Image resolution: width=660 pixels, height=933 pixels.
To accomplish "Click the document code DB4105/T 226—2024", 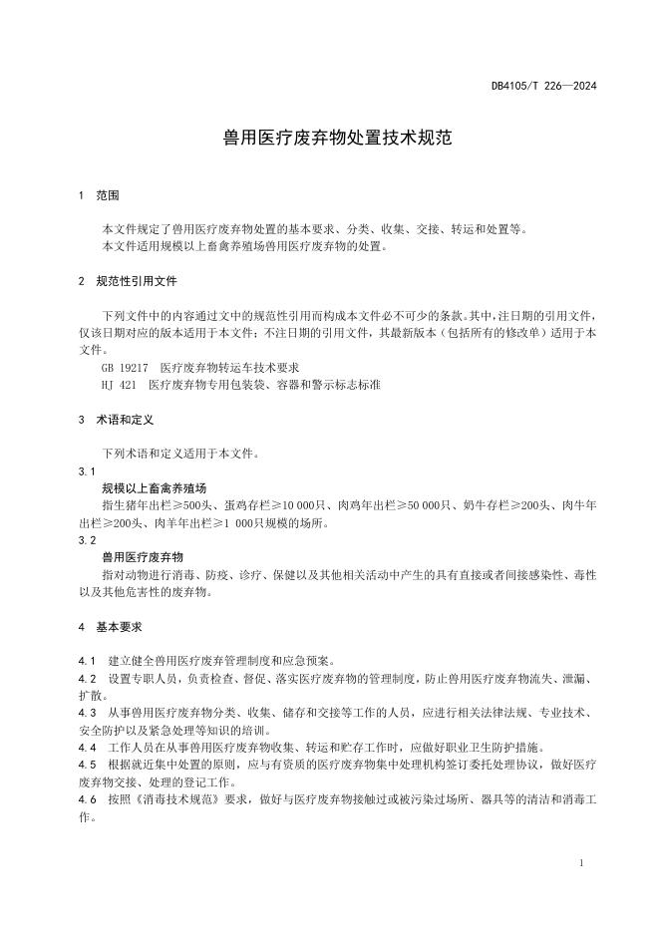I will click(x=543, y=86).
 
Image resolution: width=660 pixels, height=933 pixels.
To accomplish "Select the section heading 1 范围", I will click(x=99, y=195).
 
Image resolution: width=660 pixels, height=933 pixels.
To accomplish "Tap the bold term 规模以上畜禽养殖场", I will click(x=154, y=488).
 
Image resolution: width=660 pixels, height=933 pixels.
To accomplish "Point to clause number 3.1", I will click(x=86, y=471).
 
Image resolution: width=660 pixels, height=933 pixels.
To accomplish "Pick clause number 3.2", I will click(x=86, y=540).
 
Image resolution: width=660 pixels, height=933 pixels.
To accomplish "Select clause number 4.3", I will click(x=86, y=713).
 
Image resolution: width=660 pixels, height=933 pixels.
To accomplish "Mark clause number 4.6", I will click(x=86, y=799).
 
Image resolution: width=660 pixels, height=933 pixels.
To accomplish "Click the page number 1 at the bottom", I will click(x=581, y=862).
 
